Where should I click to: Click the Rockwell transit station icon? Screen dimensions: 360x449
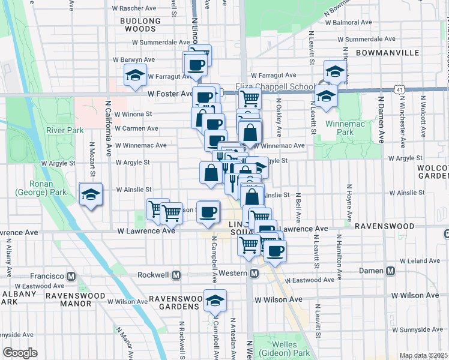[x=176, y=275]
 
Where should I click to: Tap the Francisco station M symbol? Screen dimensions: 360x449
[x=71, y=276]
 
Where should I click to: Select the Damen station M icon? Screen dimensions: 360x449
[x=391, y=271]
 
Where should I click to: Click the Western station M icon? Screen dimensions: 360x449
[x=254, y=274]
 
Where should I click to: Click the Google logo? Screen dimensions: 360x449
[x=20, y=353]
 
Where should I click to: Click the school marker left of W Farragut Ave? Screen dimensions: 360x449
[x=135, y=76]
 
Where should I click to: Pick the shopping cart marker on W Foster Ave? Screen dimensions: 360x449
[x=250, y=98]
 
